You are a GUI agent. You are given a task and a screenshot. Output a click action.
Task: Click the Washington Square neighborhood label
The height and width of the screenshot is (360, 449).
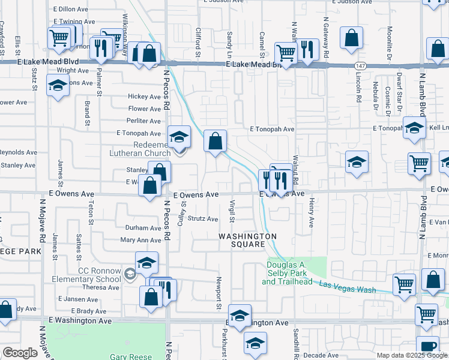tap(247, 240)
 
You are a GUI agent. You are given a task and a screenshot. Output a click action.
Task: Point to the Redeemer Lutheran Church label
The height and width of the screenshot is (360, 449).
tap(140, 149)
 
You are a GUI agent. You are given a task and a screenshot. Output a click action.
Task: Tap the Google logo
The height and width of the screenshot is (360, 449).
tap(20, 353)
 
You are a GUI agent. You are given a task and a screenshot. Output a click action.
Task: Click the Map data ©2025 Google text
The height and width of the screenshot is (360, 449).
tap(412, 355)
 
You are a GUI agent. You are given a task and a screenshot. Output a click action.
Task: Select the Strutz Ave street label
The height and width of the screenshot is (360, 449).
tap(203, 219)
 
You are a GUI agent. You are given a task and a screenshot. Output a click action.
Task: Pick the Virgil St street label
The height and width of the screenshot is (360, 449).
tap(232, 213)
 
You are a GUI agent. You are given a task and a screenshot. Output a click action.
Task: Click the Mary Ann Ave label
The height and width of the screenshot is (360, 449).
tap(141, 240)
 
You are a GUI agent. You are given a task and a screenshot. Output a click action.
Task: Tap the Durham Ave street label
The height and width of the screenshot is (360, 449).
tap(143, 228)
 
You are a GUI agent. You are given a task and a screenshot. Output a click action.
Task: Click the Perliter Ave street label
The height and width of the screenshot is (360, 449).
tap(145, 121)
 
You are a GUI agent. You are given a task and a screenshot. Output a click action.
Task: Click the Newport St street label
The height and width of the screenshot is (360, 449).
tap(218, 295)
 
